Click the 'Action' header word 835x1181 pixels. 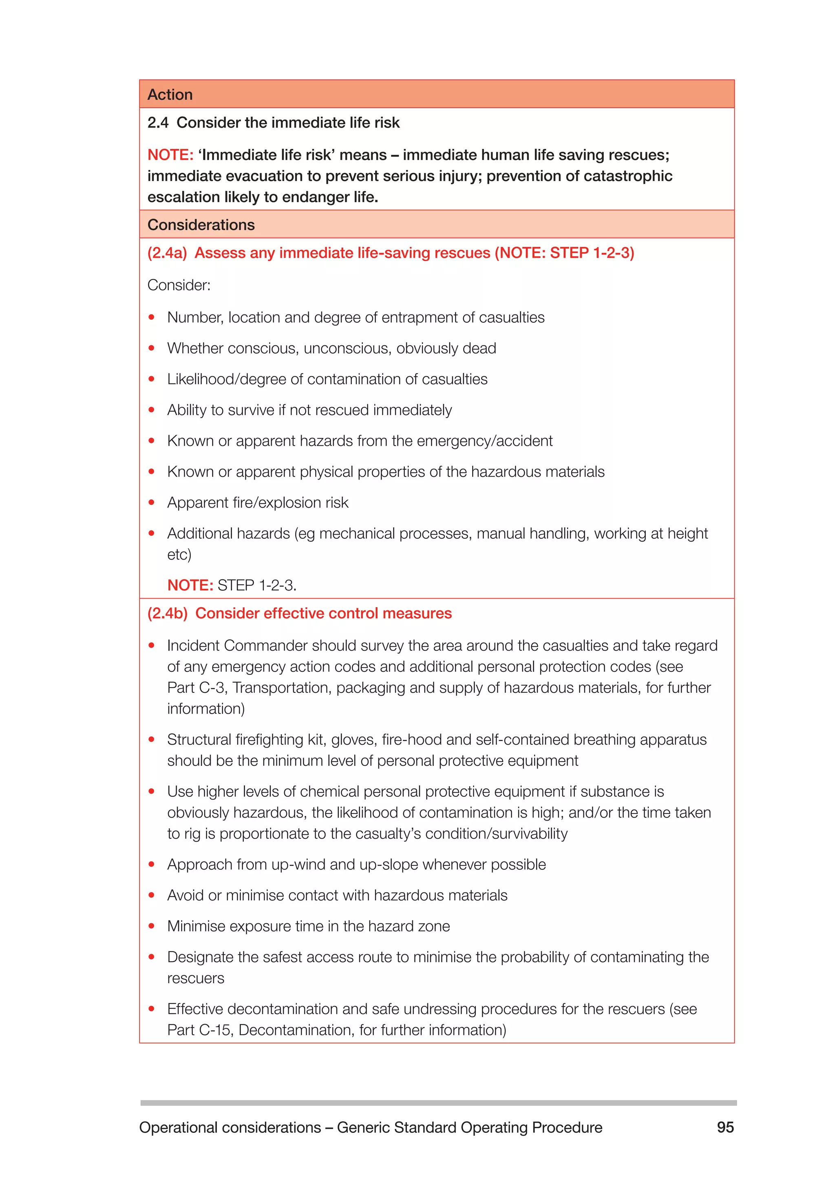(x=170, y=95)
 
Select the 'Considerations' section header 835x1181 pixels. (x=201, y=225)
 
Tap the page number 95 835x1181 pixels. (x=725, y=1127)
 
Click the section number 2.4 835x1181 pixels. (x=158, y=123)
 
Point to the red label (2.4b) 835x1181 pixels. (x=168, y=613)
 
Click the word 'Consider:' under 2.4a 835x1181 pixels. (x=179, y=285)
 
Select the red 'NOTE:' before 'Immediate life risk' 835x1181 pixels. (x=170, y=155)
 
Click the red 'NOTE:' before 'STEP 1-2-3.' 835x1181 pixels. (x=190, y=585)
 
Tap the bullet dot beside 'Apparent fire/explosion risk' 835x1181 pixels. (x=152, y=502)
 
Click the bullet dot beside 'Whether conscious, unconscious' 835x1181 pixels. (x=152, y=348)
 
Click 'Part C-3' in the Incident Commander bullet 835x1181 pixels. (x=195, y=688)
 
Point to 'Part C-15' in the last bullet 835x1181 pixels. (x=199, y=1030)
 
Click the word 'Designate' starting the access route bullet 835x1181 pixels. (x=200, y=957)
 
